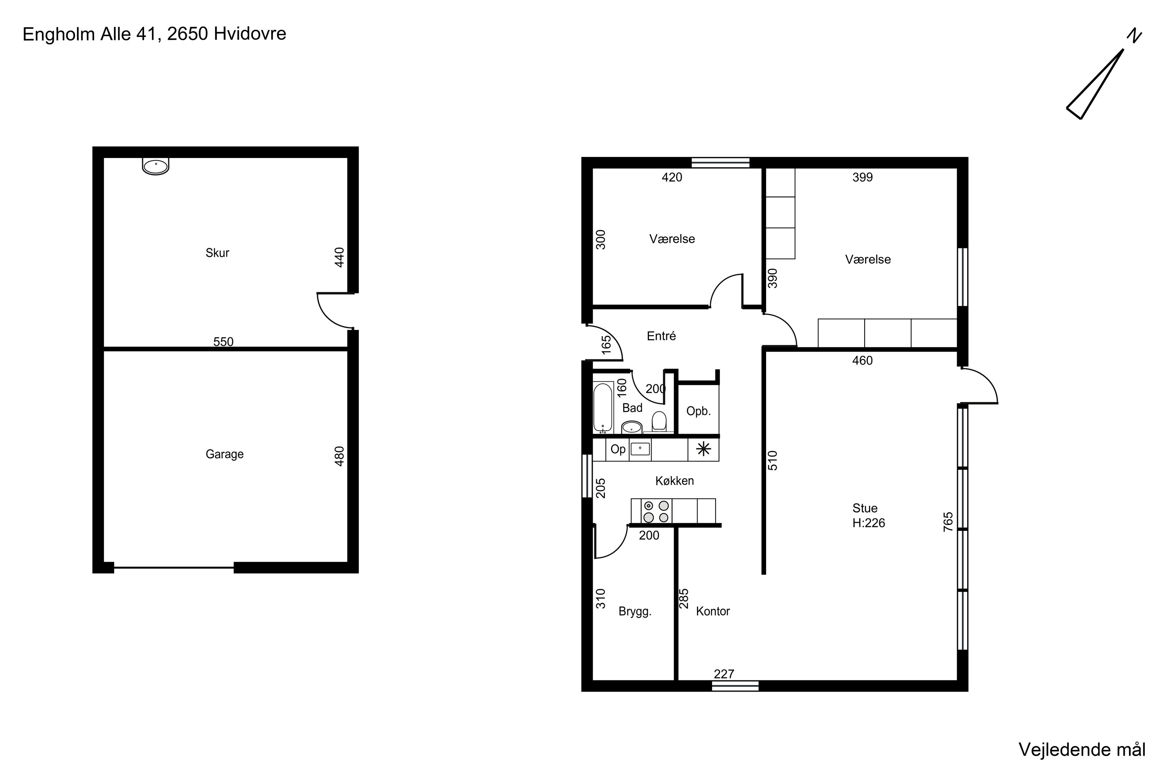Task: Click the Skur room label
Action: click(x=217, y=253)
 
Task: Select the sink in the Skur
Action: click(x=155, y=166)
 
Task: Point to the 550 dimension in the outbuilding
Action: click(x=223, y=342)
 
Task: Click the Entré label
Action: click(x=661, y=336)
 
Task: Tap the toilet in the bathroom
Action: click(x=659, y=422)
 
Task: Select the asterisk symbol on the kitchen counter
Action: click(x=703, y=449)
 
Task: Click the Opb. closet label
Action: click(x=698, y=411)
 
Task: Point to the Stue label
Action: click(x=865, y=508)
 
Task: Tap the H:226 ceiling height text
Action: click(x=869, y=523)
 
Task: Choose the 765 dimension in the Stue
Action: click(x=948, y=522)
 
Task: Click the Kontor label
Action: click(x=712, y=611)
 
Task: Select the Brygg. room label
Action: click(x=635, y=612)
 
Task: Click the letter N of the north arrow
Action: click(x=1134, y=35)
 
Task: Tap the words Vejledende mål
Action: click(x=1082, y=750)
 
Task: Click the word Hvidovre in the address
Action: click(x=250, y=34)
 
